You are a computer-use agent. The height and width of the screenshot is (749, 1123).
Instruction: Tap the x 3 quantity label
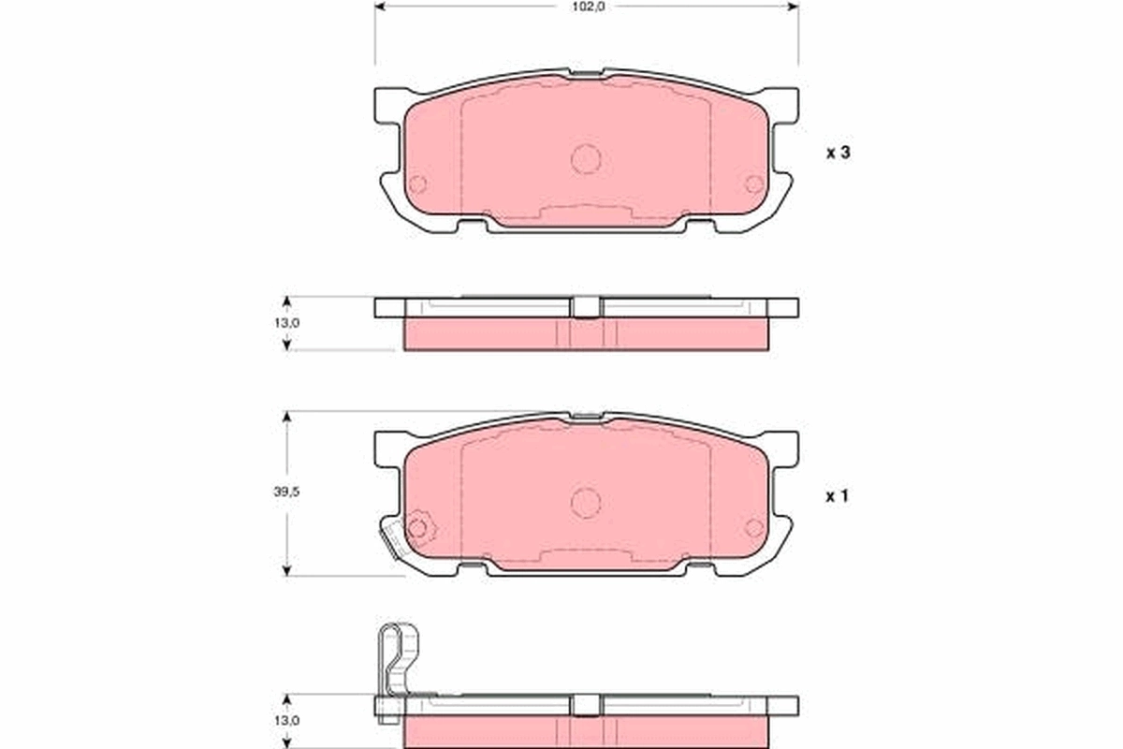[837, 154]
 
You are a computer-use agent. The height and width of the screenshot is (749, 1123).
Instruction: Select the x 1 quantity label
[837, 497]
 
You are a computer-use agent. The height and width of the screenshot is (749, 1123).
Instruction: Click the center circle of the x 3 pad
[586, 159]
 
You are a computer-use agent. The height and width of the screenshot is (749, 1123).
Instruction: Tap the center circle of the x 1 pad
[586, 503]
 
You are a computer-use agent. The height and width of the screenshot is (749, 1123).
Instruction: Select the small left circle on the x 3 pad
[417, 184]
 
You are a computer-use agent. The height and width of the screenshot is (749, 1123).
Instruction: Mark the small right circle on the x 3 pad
[754, 184]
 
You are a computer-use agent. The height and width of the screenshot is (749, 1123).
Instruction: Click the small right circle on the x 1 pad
[754, 527]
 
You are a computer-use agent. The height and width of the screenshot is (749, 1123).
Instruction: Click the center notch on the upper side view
[586, 307]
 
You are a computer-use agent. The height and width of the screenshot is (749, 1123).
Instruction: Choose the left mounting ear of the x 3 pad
[388, 105]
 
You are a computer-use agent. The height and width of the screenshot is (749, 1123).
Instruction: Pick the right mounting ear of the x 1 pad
[783, 448]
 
